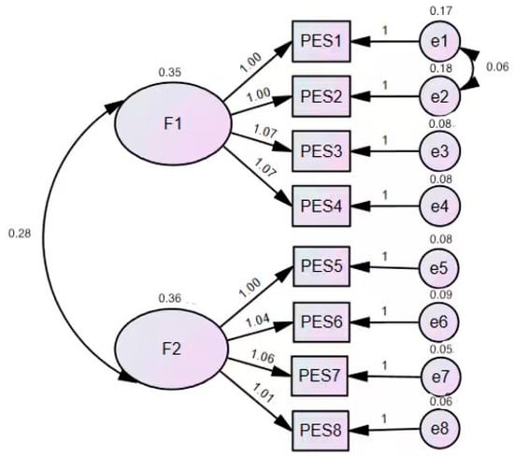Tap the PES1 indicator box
321,42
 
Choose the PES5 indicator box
321,267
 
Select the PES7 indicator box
321,374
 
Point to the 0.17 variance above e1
439,11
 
